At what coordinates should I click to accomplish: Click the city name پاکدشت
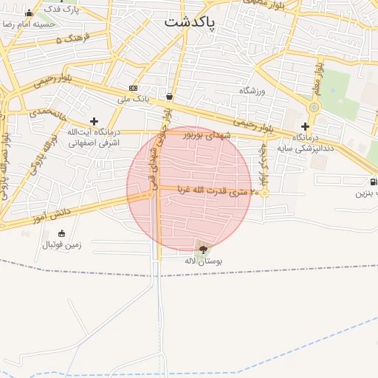pos(190,22)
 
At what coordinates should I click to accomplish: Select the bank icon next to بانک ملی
pos(133,87)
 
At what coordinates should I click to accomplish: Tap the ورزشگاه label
pos(251,90)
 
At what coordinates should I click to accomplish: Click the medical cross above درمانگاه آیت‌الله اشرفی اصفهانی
pos(94,121)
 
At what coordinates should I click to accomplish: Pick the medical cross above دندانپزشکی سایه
pos(305,126)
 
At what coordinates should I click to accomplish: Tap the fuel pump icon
pos(373,182)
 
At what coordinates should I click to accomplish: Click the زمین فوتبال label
pos(61,244)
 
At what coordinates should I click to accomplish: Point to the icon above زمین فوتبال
pos(61,233)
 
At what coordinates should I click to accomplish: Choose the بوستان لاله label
pos(203,261)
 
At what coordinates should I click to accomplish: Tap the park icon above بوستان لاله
pos(203,250)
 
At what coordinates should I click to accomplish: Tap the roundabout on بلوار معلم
pos(314,108)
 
